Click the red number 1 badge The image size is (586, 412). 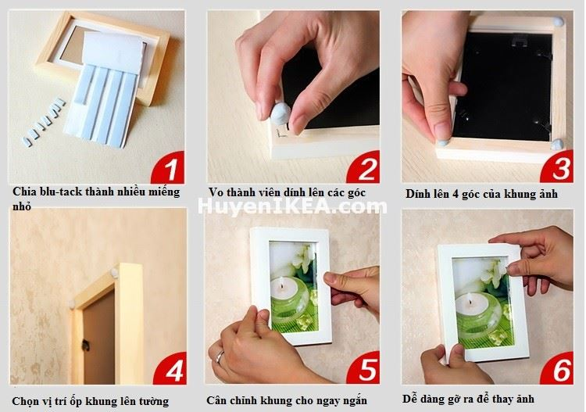click(x=167, y=167)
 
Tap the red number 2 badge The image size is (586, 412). click(x=363, y=167)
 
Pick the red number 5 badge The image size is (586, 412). click(x=363, y=369)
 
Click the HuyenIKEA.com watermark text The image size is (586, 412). click(x=292, y=206)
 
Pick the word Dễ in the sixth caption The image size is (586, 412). click(x=411, y=399)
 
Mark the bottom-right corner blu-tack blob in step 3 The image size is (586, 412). click(x=556, y=144)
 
